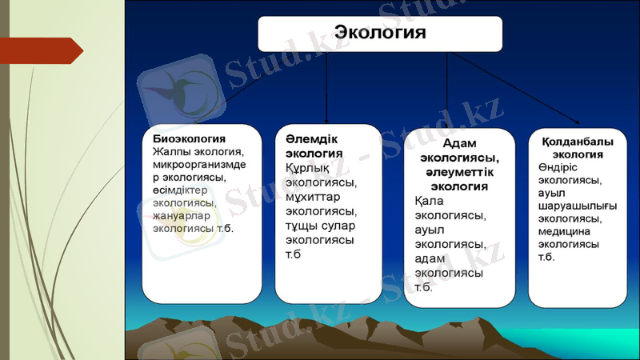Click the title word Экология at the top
[x=379, y=33]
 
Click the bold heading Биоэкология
[x=190, y=138]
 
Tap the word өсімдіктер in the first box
[x=185, y=190]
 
